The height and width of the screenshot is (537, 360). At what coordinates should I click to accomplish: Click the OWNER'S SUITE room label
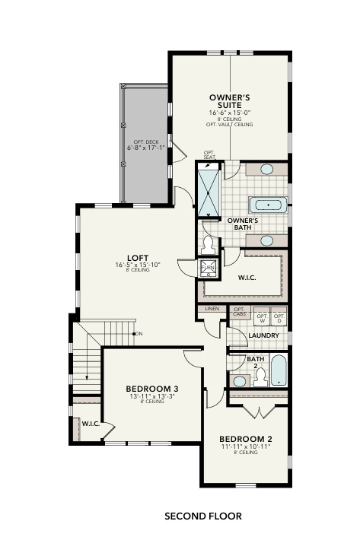[230, 101]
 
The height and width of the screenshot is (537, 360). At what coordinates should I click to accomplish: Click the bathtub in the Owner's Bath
[267, 205]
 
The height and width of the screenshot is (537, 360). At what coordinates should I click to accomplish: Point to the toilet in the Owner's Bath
[209, 244]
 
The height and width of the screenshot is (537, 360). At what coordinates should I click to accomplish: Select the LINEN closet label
[211, 310]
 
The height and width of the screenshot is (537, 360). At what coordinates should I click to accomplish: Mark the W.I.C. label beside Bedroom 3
[89, 423]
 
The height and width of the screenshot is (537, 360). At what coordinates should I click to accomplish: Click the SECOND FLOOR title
[203, 516]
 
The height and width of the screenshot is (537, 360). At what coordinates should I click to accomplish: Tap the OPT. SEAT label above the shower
[209, 154]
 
